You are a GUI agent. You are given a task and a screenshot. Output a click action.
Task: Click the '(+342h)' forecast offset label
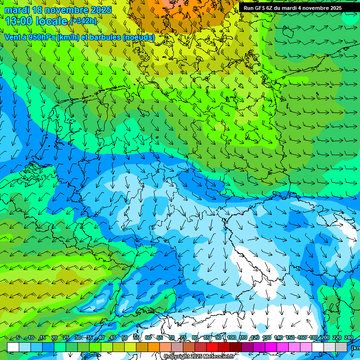(83, 21)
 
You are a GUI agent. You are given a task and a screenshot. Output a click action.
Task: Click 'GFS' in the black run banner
(261, 8)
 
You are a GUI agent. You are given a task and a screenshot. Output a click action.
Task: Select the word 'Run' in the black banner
(248, 8)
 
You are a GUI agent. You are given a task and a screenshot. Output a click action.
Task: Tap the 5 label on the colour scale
(18, 337)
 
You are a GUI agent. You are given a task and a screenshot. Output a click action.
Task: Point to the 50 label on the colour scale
(125, 337)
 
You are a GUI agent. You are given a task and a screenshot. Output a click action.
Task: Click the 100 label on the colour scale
(232, 337)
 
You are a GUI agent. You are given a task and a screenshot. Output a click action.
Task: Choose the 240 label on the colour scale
(349, 337)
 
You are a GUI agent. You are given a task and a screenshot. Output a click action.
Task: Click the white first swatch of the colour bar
(13, 347)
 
